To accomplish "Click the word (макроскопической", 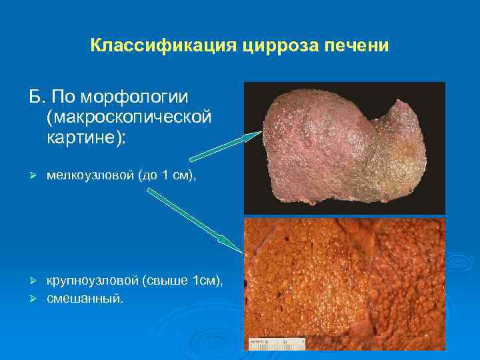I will (129, 117).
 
